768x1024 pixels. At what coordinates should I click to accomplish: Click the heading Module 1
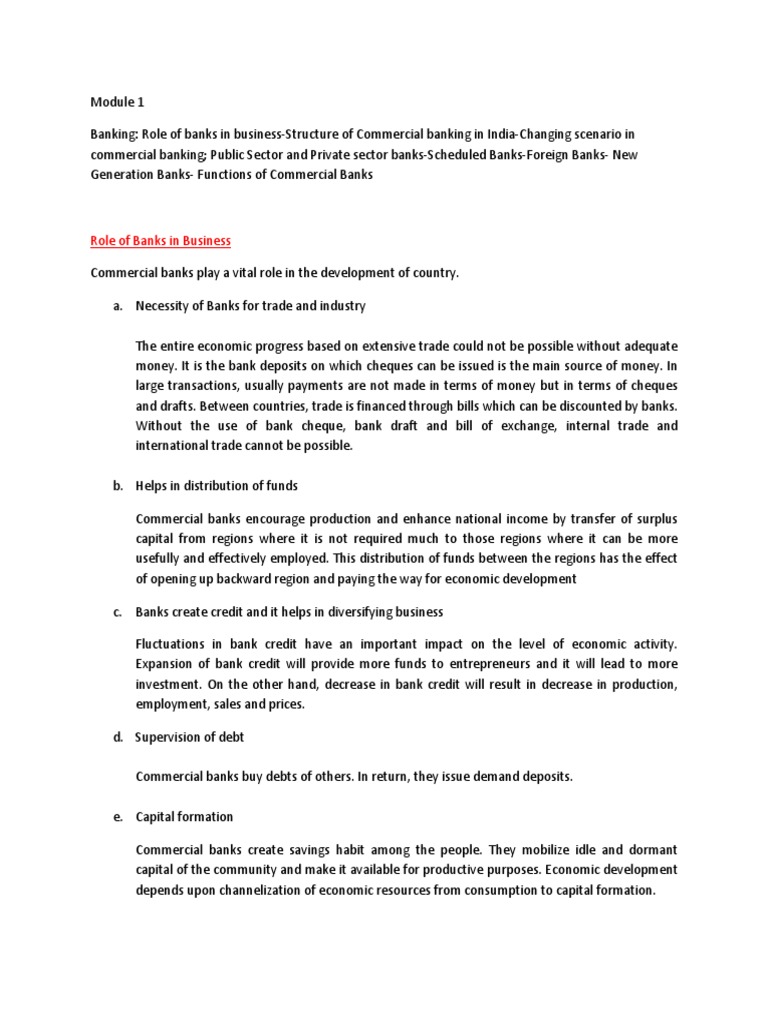click(117, 101)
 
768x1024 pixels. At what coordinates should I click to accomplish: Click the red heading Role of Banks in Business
click(161, 240)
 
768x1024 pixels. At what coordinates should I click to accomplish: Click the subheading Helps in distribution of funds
click(217, 486)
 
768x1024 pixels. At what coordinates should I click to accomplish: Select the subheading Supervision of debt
click(189, 737)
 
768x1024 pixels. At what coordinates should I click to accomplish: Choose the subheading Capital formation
click(184, 817)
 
